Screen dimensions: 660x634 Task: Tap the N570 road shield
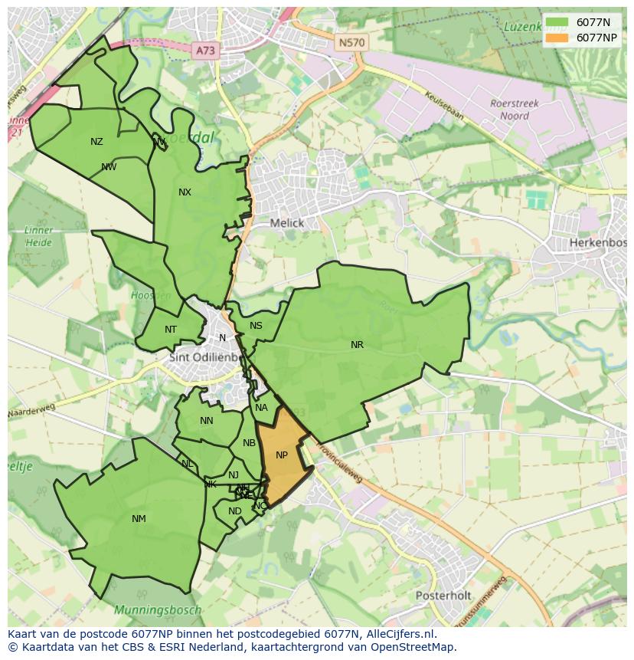351,43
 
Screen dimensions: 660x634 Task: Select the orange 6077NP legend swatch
558,38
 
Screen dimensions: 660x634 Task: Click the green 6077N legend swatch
558,23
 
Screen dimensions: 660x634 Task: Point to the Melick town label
287,223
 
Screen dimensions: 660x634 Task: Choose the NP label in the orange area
282,455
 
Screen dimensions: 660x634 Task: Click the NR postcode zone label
357,345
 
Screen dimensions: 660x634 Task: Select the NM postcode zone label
139,519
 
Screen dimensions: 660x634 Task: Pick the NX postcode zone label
185,192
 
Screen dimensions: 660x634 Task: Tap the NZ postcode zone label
96,142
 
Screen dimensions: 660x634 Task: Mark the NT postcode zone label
171,330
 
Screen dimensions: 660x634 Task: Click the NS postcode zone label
256,326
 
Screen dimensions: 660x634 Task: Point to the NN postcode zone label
207,421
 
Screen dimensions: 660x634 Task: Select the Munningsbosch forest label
158,611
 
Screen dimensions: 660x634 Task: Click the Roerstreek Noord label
515,110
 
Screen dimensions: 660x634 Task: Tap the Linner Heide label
38,236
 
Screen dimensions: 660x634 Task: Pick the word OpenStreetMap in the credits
410,647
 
